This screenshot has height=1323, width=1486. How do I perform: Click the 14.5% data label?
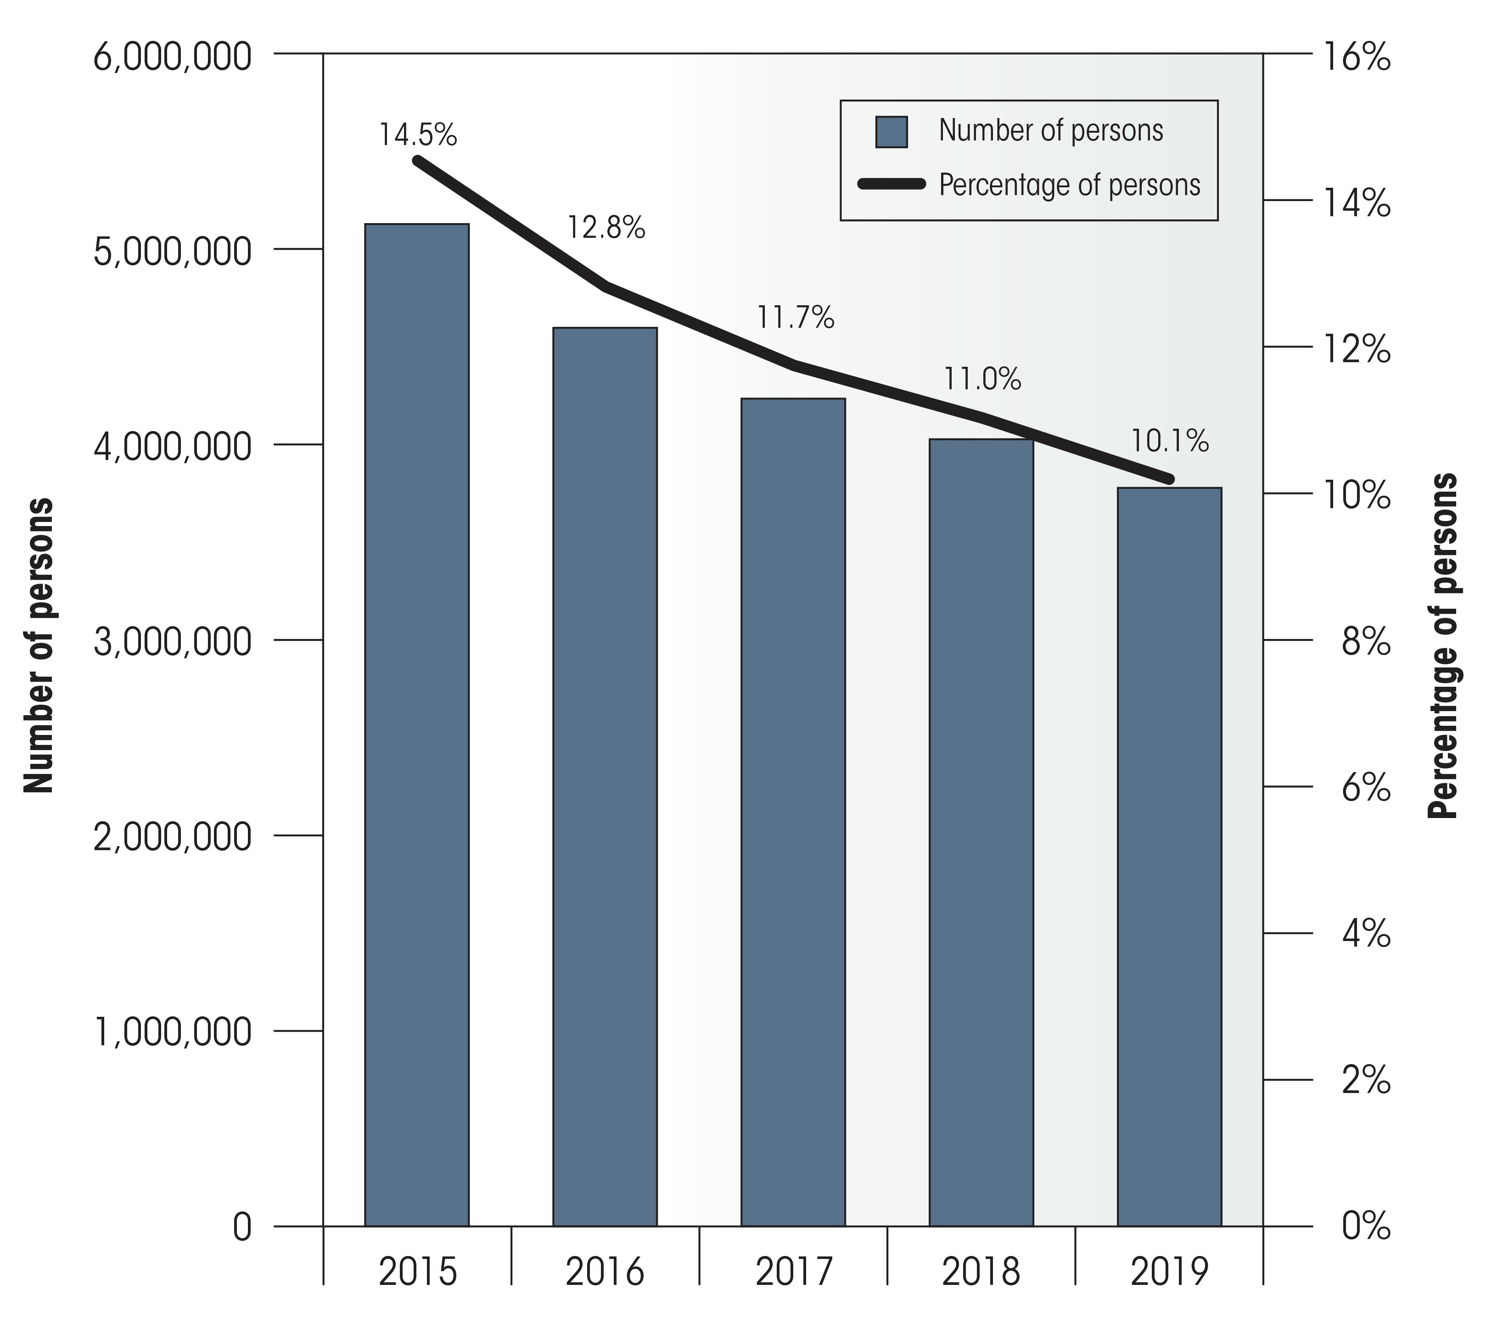418,135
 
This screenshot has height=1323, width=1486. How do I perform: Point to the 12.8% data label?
606,228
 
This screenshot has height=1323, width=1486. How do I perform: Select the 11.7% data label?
796,318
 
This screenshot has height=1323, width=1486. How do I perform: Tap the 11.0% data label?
982,380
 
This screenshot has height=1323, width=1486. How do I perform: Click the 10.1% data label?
1170,441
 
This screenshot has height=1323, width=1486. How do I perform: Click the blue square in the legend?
892,132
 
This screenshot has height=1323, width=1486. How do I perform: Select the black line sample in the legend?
892,185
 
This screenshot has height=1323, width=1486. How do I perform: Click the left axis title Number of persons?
39,645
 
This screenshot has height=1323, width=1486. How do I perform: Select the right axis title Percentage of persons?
1443,645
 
